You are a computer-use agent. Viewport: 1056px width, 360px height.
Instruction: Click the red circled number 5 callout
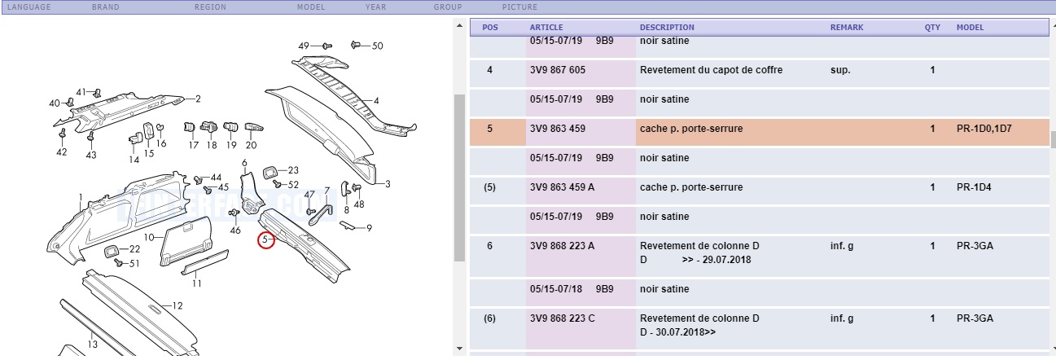(266, 240)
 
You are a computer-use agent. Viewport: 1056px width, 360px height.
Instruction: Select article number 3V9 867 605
(557, 70)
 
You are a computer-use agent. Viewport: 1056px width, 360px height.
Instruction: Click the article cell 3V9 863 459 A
(562, 187)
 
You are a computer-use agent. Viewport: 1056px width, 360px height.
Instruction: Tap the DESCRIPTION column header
(667, 28)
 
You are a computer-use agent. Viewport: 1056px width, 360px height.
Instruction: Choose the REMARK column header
(847, 28)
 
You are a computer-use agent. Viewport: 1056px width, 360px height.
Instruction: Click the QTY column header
(932, 28)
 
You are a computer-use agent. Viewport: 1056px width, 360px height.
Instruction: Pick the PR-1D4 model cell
(974, 187)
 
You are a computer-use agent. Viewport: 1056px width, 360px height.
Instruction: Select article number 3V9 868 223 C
(563, 318)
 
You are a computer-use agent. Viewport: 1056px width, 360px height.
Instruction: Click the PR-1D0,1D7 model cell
(984, 129)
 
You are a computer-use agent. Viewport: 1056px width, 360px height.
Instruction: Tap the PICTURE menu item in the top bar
(519, 7)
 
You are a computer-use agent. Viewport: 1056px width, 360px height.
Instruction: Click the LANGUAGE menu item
(29, 7)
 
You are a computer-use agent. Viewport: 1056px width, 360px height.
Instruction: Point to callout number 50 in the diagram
(378, 46)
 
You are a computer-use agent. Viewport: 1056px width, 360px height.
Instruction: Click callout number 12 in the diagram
(177, 305)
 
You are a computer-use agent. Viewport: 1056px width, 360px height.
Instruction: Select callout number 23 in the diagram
(293, 170)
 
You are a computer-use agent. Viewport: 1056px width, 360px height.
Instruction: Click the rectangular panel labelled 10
(186, 242)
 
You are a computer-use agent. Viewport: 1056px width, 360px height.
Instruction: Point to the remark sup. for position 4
(840, 70)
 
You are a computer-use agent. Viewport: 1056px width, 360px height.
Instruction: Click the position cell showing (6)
(489, 318)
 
